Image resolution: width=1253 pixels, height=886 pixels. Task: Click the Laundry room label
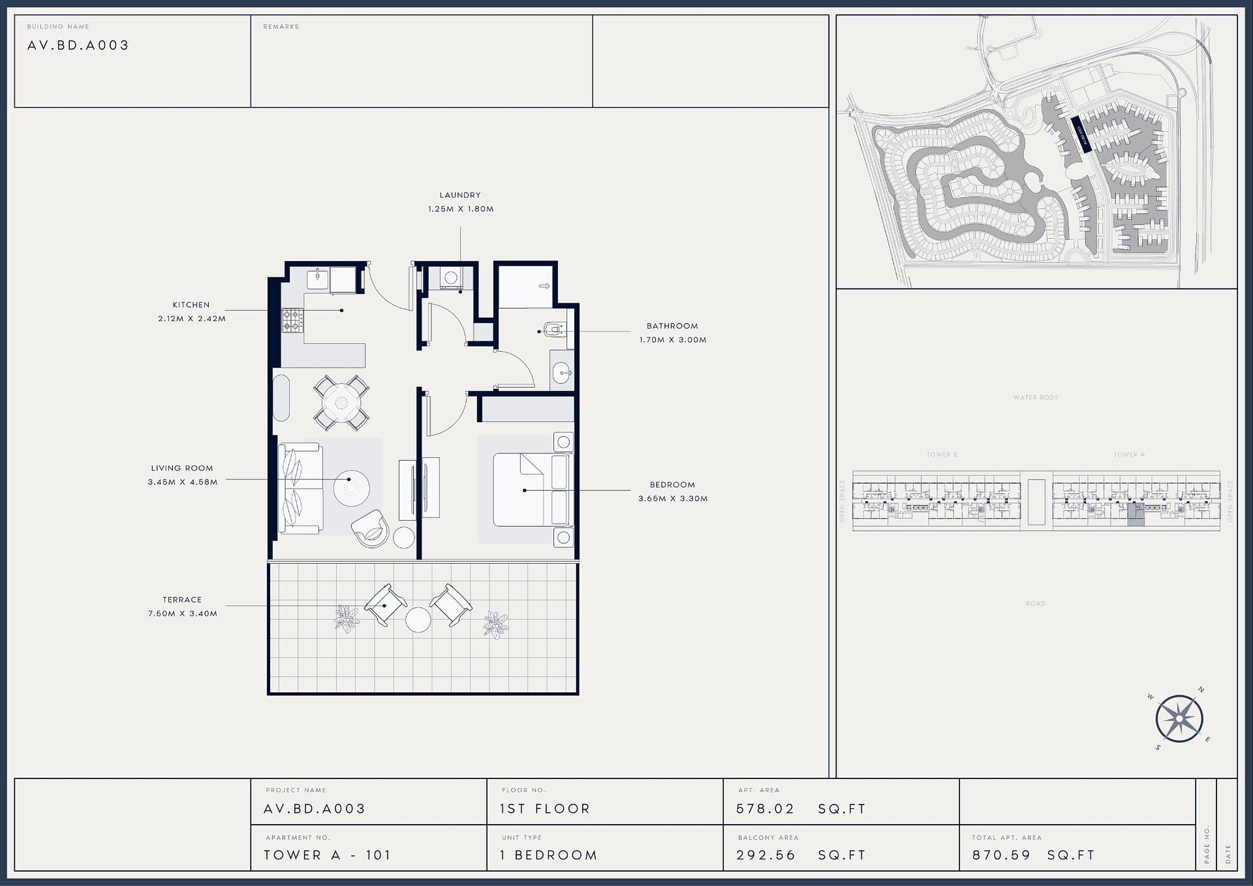point(459,195)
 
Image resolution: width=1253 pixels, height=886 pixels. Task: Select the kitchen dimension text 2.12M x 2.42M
point(191,319)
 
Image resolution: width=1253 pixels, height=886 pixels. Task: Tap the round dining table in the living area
point(341,403)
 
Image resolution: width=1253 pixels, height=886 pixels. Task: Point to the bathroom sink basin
point(561,373)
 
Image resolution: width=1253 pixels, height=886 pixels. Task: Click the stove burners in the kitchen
point(292,320)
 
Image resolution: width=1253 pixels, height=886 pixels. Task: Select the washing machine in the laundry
point(450,278)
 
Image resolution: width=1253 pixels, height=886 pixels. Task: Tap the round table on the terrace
point(418,620)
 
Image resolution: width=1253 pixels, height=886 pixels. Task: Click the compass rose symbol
point(1179,720)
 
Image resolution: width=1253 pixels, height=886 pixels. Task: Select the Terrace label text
point(182,600)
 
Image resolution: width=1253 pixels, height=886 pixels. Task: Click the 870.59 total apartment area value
point(1001,855)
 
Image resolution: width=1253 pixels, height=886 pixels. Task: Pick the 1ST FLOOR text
point(545,809)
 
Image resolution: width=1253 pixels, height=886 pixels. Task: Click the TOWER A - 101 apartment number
point(327,855)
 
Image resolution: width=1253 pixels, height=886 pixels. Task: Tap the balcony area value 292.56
point(766,855)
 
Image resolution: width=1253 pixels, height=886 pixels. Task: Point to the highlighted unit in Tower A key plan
point(1136,514)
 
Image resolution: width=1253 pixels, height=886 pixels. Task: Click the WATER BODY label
point(1036,397)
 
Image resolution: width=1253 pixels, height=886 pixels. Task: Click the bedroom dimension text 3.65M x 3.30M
point(672,498)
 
